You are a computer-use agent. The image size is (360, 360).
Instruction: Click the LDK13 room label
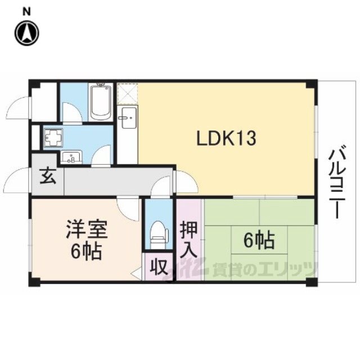(x=226, y=138)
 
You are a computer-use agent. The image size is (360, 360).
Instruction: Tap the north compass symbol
(x=27, y=33)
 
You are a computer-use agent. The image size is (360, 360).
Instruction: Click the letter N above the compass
(x=27, y=12)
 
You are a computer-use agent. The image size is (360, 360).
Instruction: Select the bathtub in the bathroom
(x=100, y=102)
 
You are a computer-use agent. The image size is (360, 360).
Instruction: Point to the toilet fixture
(x=159, y=234)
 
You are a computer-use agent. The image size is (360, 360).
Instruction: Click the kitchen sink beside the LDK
(x=127, y=118)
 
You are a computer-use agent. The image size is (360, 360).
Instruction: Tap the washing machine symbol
(x=54, y=137)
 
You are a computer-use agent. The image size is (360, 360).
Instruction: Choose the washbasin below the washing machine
(x=71, y=157)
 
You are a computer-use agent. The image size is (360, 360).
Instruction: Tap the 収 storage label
(x=158, y=267)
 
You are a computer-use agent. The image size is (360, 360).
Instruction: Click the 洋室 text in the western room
(x=87, y=228)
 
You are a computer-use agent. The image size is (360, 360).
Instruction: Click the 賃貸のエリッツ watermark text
(x=264, y=269)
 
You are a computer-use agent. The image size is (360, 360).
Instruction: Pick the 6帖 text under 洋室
(x=86, y=251)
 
